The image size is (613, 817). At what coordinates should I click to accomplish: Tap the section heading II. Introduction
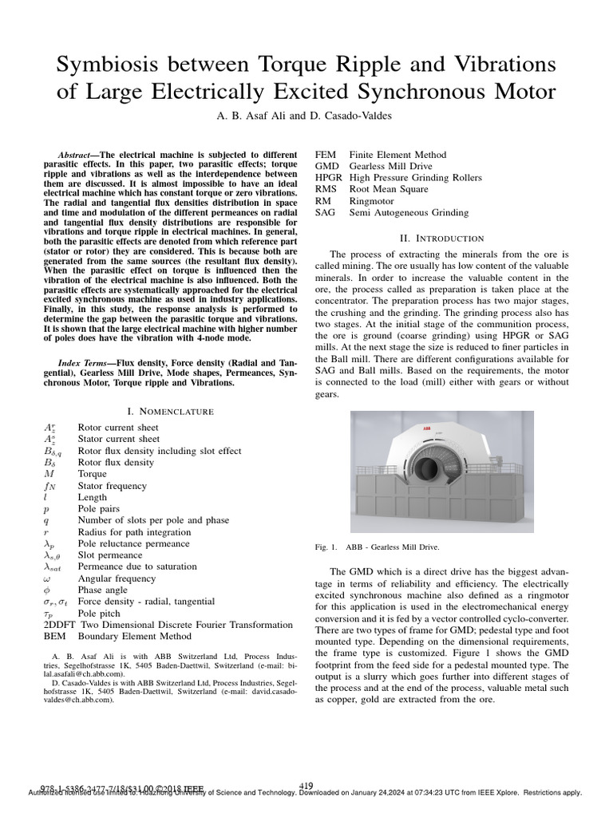coord(441,238)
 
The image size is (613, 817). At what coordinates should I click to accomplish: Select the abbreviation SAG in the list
coord(326,213)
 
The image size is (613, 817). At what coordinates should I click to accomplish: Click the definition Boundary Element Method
coord(134,637)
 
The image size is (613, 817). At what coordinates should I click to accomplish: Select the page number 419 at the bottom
coord(306,786)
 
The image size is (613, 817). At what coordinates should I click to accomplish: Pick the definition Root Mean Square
coord(389,189)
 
